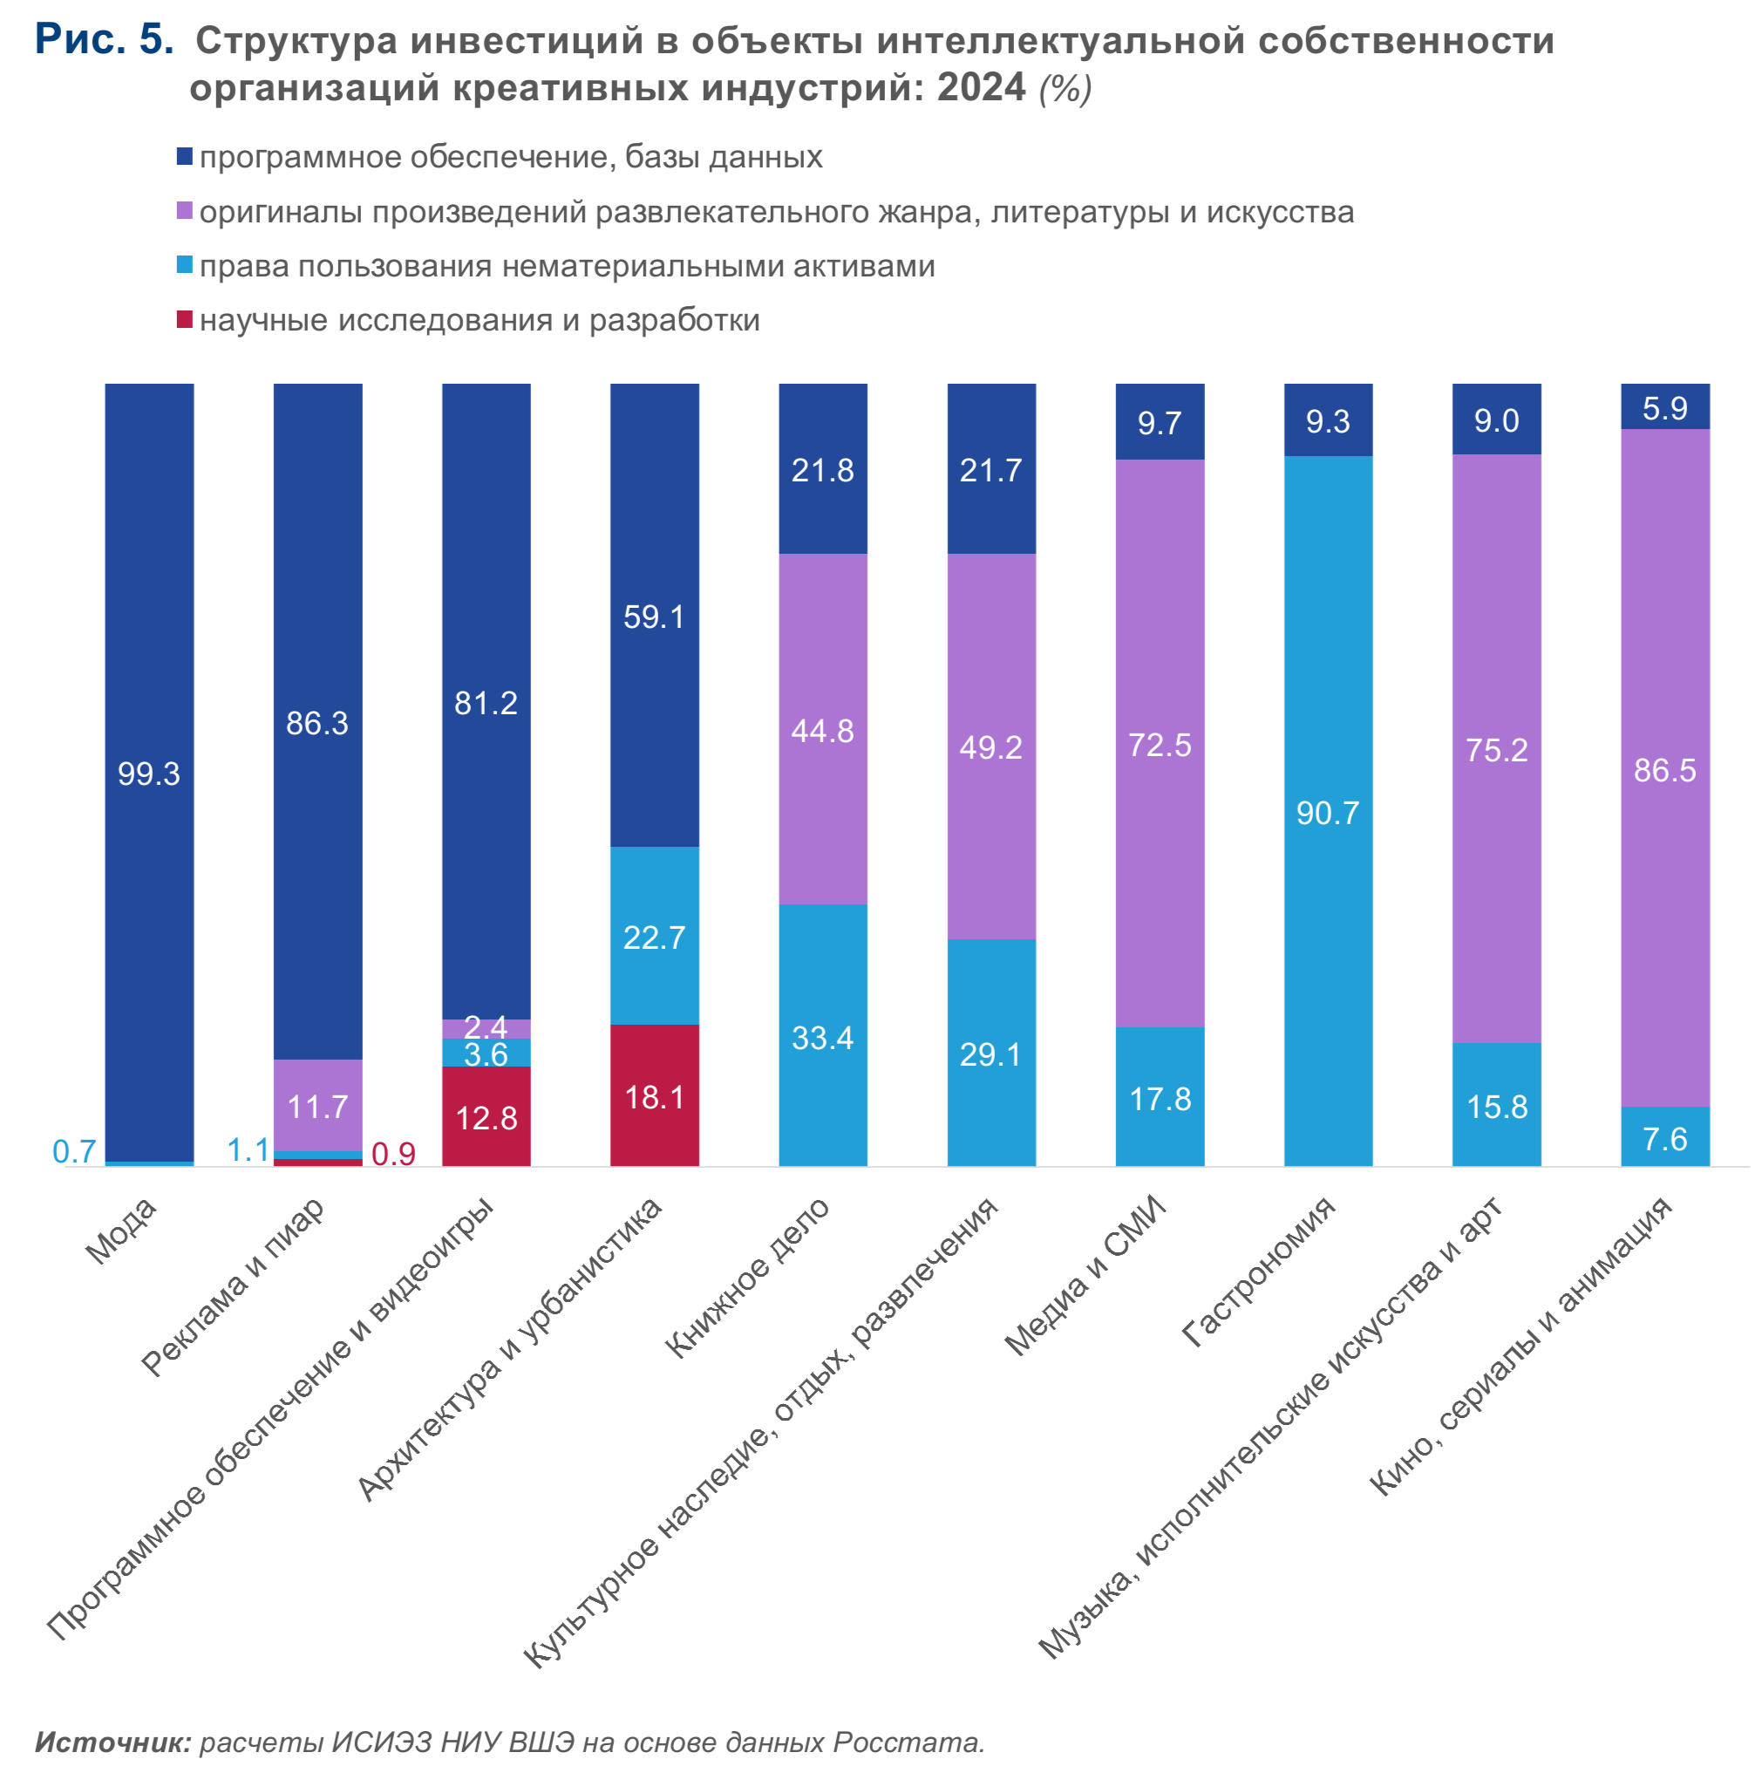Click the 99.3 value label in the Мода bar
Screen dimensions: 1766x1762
click(x=149, y=774)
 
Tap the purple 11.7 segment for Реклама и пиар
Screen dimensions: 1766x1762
click(x=318, y=1106)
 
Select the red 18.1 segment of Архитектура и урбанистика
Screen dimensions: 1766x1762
click(x=655, y=1096)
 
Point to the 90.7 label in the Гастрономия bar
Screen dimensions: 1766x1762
click(x=1328, y=813)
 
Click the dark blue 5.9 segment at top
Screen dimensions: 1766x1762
click(x=1664, y=407)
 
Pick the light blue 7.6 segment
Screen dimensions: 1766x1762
click(x=1664, y=1138)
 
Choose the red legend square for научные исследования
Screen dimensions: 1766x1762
click(x=185, y=319)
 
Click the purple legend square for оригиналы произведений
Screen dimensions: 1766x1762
click(x=185, y=211)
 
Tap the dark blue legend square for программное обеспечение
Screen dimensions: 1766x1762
click(x=185, y=156)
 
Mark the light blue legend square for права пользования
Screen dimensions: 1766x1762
click(x=185, y=265)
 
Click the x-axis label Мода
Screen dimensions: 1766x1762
click(x=121, y=1231)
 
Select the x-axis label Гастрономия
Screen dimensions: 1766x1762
click(x=1259, y=1272)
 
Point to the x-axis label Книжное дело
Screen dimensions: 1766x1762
click(x=747, y=1277)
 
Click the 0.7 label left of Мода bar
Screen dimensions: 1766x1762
click(x=74, y=1152)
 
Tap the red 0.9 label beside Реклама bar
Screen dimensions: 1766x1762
click(x=394, y=1155)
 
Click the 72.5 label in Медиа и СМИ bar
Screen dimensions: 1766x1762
click(x=1160, y=745)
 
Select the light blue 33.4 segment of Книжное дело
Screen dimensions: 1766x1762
click(x=822, y=1038)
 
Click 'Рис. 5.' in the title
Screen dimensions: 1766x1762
click(x=104, y=39)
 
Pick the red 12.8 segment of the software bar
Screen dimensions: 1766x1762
click(x=486, y=1117)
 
